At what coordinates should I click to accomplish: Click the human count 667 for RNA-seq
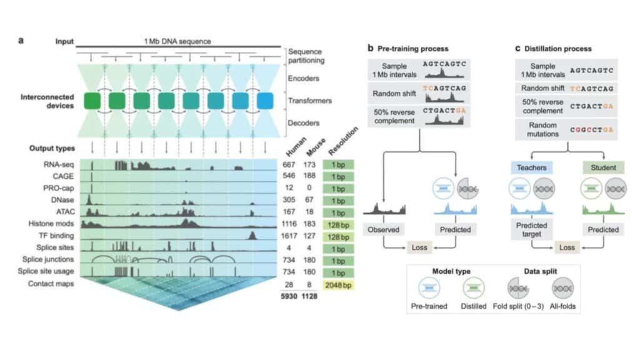click(289, 164)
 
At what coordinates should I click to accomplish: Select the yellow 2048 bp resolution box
click(338, 285)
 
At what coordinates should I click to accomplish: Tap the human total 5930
click(289, 296)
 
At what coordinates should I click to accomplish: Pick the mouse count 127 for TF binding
click(309, 236)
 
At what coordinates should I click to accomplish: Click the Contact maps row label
click(51, 284)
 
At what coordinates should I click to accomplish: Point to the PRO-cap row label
click(58, 188)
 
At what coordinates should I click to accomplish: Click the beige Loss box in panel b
click(419, 247)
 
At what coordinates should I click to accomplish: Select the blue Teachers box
click(531, 167)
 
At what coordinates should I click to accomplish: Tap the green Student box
click(603, 167)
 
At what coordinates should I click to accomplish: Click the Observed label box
click(383, 229)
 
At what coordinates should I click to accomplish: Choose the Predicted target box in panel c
click(531, 229)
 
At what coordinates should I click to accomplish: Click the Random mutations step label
click(542, 129)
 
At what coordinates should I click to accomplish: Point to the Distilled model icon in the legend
click(474, 288)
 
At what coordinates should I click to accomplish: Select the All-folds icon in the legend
click(563, 288)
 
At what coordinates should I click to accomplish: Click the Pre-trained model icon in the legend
click(429, 288)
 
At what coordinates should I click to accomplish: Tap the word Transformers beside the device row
click(310, 101)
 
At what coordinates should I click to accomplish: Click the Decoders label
click(303, 123)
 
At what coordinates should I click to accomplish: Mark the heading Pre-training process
click(412, 49)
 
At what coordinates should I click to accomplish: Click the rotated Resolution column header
click(343, 141)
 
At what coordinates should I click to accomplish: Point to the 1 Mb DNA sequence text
click(177, 41)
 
